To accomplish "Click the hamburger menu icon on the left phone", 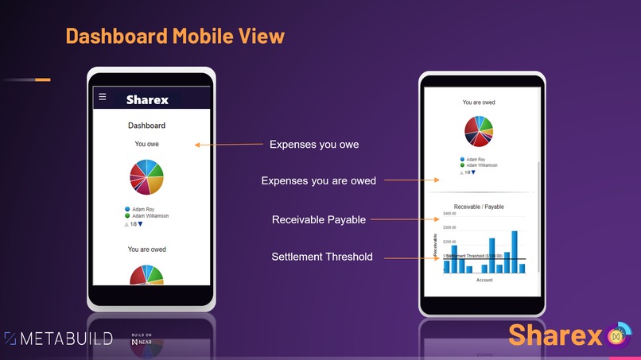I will coord(102,97).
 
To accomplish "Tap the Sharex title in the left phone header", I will coord(147,100).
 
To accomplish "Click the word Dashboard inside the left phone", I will coord(146,126).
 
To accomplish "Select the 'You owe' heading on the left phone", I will coord(146,144).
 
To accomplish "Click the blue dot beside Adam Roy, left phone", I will coord(127,210).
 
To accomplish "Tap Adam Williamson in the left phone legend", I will coord(150,216).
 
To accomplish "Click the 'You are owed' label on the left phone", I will coord(147,250).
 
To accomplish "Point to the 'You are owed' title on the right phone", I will coord(479,103).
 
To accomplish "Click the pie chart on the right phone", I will coord(479,131).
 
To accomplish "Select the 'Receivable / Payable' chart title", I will coord(479,207).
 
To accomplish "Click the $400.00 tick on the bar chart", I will coord(449,214).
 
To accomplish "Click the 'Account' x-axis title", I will coord(484,280).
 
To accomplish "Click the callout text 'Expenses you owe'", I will coord(314,145).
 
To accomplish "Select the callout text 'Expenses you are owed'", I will coord(318,181).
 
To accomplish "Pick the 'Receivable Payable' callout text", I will coord(319,219).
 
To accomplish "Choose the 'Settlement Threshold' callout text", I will coord(322,257).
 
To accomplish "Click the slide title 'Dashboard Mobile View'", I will coord(175,37).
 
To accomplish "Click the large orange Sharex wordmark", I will coord(555,335).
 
